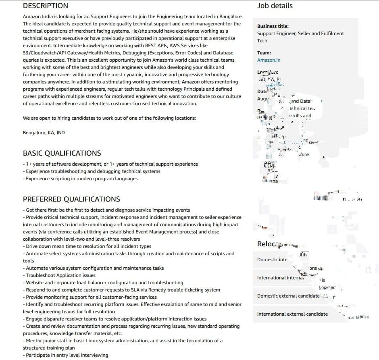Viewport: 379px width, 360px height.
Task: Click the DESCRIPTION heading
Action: [x=45, y=6]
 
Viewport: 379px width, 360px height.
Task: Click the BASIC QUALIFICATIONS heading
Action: [x=62, y=153]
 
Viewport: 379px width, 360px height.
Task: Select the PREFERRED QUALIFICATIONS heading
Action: [x=71, y=199]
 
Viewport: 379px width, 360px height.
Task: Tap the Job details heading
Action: [x=275, y=6]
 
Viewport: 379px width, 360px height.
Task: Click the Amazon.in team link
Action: [x=269, y=60]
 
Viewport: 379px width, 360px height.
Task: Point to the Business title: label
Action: [x=273, y=26]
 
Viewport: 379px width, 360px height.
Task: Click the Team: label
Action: [x=264, y=53]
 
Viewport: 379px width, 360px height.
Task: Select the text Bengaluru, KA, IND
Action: [x=44, y=133]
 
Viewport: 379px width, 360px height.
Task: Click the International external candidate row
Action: [x=292, y=314]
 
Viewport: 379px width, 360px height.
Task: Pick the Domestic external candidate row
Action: [x=289, y=296]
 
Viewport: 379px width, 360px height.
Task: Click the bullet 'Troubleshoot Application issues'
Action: [x=60, y=275]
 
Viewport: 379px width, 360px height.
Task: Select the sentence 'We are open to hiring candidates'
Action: [x=109, y=118]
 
